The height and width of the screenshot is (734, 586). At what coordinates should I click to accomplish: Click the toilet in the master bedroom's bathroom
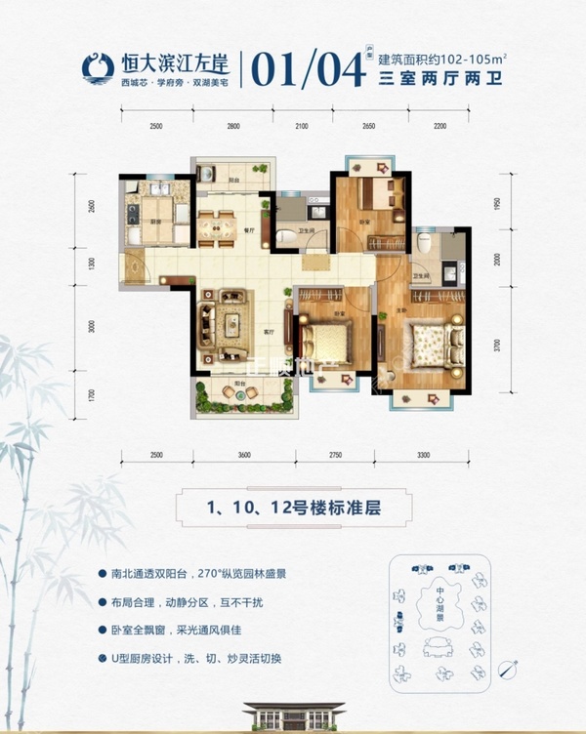[x=424, y=242]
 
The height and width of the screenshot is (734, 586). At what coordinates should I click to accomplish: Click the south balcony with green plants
[x=243, y=393]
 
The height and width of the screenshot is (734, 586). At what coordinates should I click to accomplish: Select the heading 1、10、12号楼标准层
[x=291, y=508]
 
